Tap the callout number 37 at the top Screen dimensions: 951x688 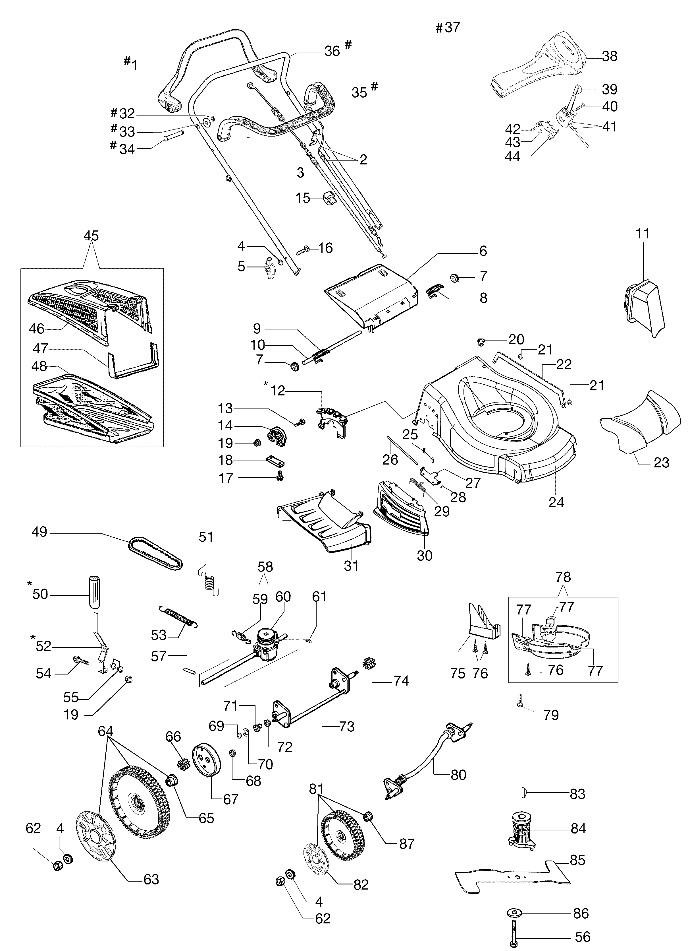click(x=452, y=28)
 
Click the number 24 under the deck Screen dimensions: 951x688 click(x=556, y=502)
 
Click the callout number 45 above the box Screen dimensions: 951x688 click(x=91, y=236)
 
